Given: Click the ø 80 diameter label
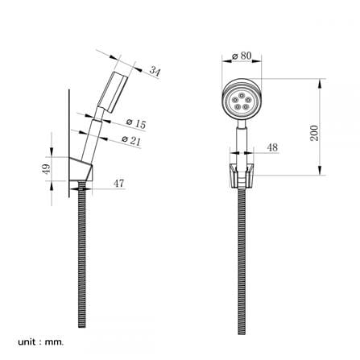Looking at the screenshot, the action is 242,56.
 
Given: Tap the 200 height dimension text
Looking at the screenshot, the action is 314,133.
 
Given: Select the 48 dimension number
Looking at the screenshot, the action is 272,147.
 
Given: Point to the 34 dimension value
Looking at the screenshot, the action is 155,71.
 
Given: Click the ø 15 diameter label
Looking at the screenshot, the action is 136,123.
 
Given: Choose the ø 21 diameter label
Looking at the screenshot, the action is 131,140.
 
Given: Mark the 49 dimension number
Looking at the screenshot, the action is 46,169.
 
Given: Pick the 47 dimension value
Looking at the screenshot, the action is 118,184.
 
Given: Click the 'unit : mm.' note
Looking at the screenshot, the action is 41,342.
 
